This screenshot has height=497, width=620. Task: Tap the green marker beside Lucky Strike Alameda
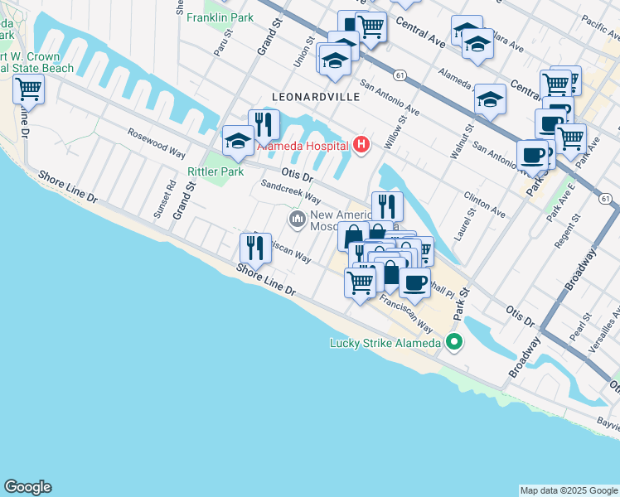[x=454, y=342]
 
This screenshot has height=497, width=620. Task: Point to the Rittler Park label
[x=216, y=171]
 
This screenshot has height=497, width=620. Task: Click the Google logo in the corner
[x=27, y=487]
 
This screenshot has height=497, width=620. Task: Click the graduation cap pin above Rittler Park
[x=238, y=141]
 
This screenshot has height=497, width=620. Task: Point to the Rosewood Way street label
[x=155, y=143]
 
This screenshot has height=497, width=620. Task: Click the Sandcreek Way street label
[x=291, y=193]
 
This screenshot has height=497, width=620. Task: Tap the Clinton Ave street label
[x=485, y=206]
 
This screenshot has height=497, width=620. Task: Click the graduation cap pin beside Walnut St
[x=490, y=99]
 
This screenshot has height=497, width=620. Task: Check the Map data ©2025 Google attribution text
[x=568, y=490]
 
